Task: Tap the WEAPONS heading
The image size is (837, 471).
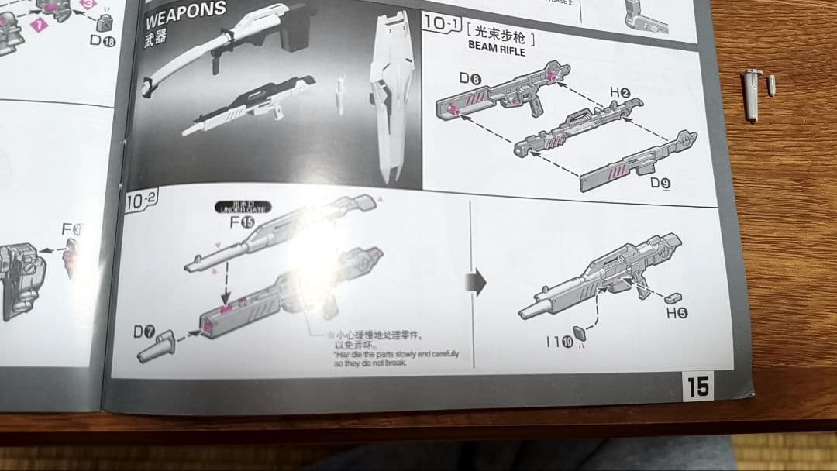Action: pos(185,12)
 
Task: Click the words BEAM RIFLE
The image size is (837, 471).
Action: pos(497,51)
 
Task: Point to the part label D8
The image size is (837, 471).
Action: pos(470,78)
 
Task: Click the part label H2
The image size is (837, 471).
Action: pos(619,93)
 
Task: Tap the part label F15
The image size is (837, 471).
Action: pos(242,222)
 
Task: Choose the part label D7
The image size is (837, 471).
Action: pos(143,332)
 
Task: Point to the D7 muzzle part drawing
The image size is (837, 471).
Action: pos(163,346)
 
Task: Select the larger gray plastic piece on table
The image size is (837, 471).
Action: pos(752,94)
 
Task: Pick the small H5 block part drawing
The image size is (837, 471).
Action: pos(672,297)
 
